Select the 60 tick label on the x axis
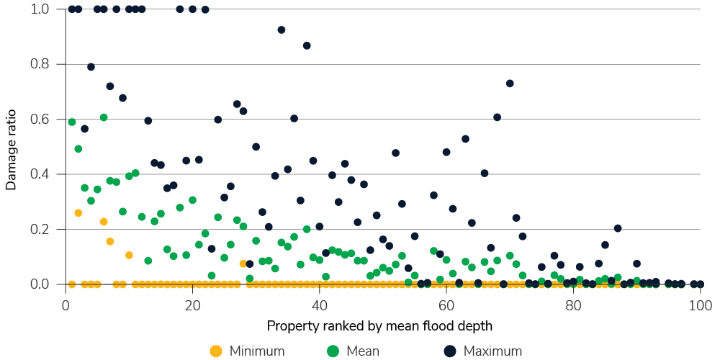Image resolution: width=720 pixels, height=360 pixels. point(446,305)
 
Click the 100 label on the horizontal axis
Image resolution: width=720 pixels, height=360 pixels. point(700,305)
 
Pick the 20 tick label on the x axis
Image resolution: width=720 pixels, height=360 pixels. point(192,305)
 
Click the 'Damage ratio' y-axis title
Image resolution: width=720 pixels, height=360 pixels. point(11,147)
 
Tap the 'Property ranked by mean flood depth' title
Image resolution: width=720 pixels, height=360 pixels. point(379,326)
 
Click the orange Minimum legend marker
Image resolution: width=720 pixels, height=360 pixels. point(215,351)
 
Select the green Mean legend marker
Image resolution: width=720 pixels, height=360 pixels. point(332,351)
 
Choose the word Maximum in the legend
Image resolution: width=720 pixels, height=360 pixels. point(492,351)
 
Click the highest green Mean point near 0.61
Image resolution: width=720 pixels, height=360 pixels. point(104,117)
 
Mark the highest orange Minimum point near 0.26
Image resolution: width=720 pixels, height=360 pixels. point(78,213)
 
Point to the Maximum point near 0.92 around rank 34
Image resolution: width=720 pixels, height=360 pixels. point(282,30)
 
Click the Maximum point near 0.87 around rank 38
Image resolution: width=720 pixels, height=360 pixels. point(307,45)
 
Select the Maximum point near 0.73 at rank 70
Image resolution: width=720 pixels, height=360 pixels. point(510,84)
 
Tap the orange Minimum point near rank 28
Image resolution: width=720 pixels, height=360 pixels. point(243,264)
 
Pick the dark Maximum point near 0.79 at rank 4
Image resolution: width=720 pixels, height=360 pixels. point(91,67)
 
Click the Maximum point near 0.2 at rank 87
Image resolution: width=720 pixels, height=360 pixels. point(618,228)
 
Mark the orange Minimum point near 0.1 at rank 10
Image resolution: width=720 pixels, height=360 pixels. point(129,255)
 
